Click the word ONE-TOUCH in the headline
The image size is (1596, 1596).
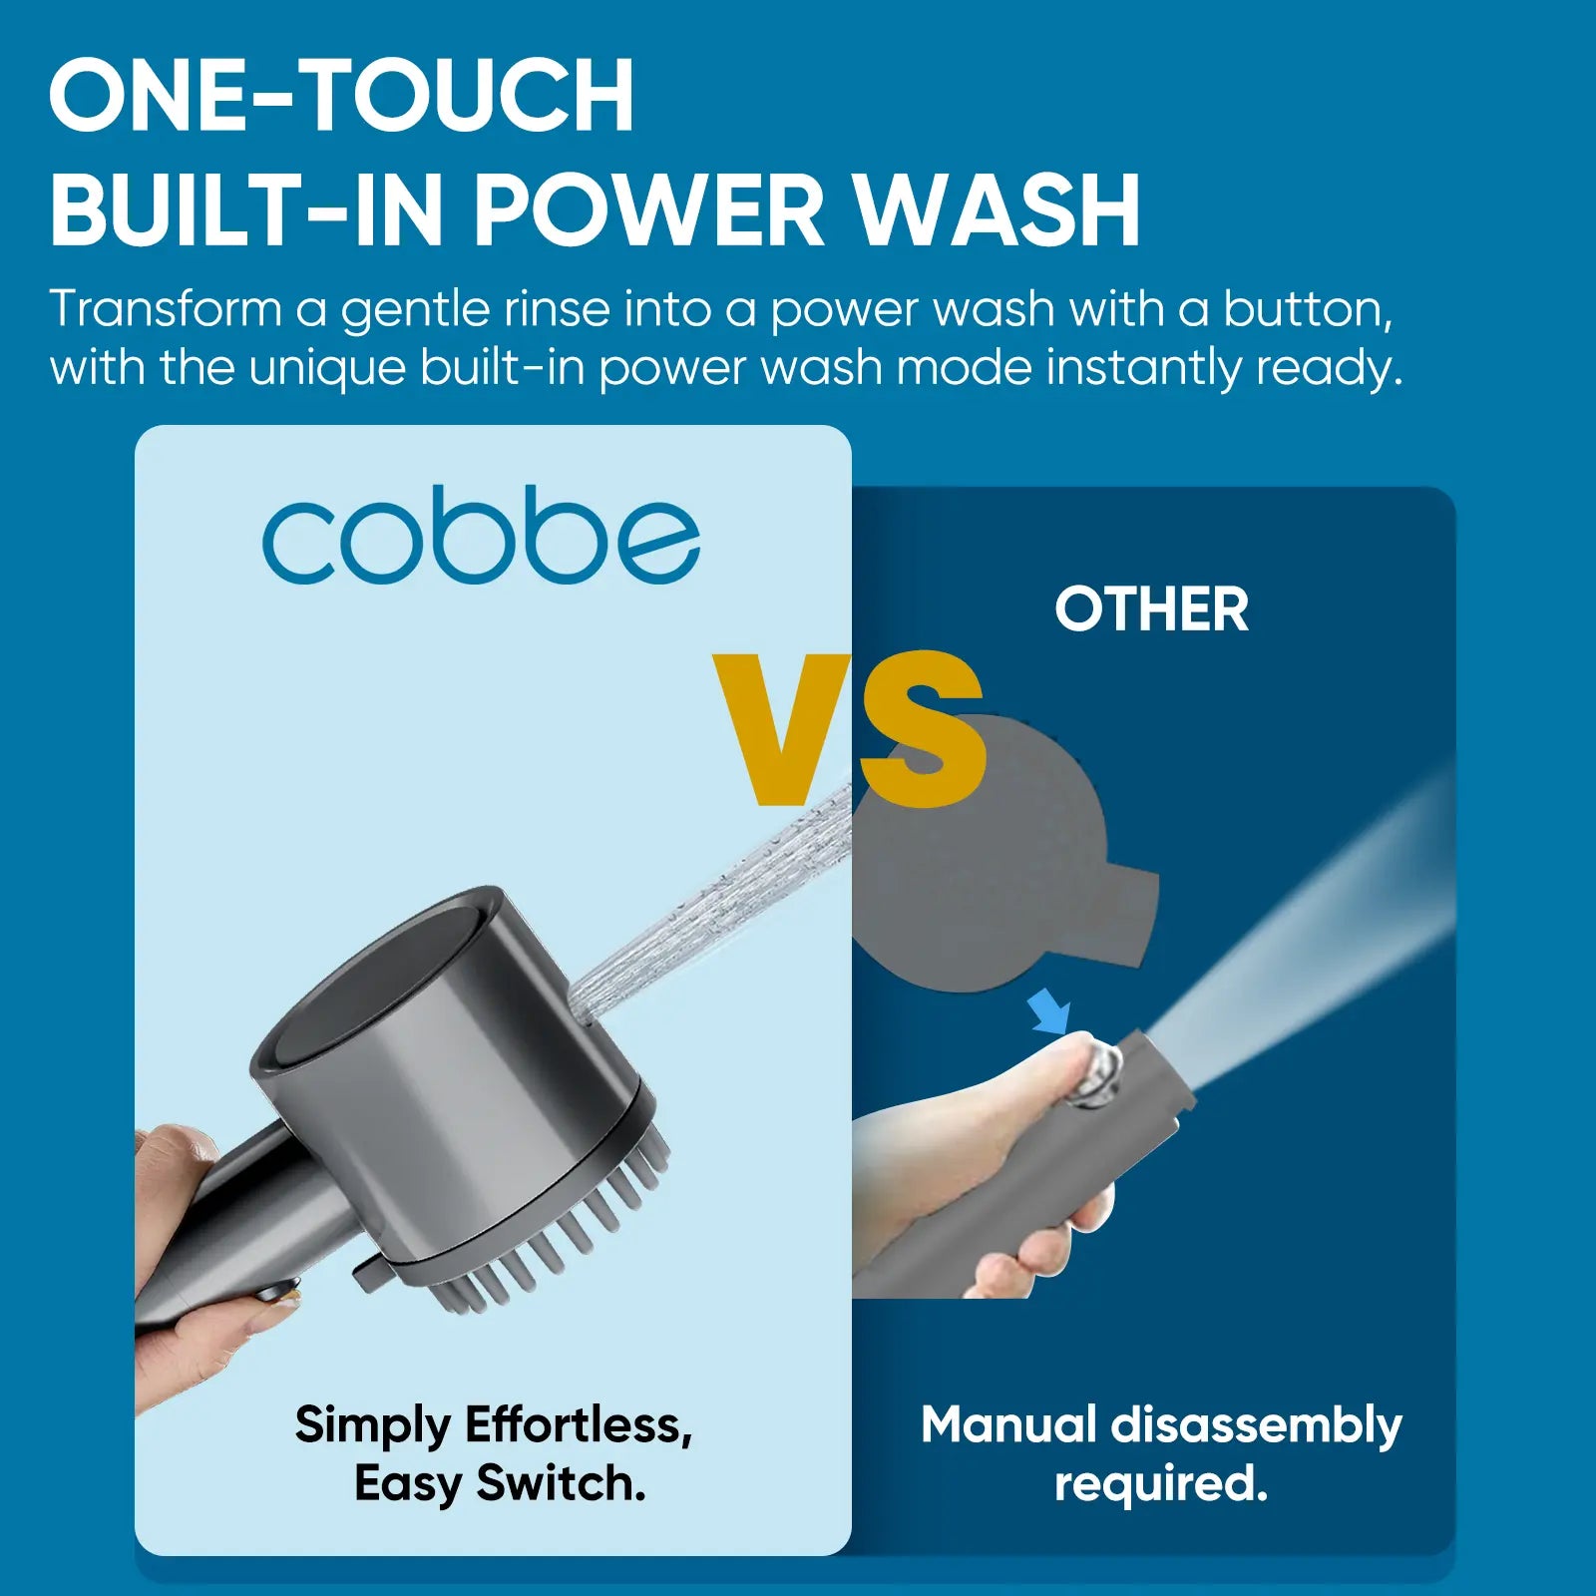click(x=341, y=96)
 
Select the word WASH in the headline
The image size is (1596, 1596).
click(x=997, y=211)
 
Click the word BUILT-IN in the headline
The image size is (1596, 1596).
click(x=245, y=211)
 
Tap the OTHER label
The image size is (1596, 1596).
click(x=1151, y=609)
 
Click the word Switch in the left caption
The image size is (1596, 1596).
click(x=561, y=1483)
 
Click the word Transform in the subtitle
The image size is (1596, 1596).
click(x=165, y=309)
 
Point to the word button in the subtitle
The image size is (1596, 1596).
click(x=1307, y=309)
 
